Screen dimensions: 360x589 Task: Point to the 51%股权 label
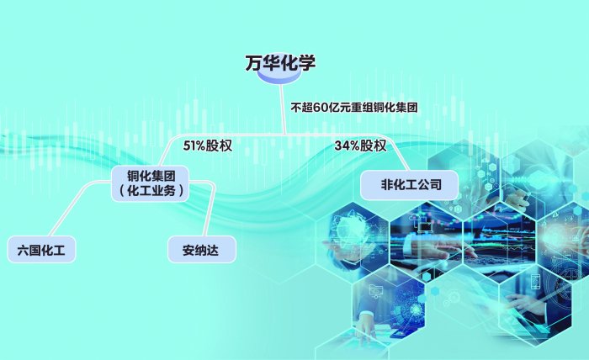click(207, 145)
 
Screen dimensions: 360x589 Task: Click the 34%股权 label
click(360, 145)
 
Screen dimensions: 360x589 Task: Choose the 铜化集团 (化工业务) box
click(151, 183)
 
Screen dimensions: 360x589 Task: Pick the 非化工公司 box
click(410, 184)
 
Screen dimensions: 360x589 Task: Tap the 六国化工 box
click(41, 249)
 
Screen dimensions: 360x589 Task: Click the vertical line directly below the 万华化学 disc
click(283, 109)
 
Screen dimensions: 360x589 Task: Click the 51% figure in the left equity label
click(195, 145)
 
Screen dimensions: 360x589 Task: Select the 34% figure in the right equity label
click(348, 145)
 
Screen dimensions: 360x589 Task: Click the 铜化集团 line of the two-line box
click(151, 175)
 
